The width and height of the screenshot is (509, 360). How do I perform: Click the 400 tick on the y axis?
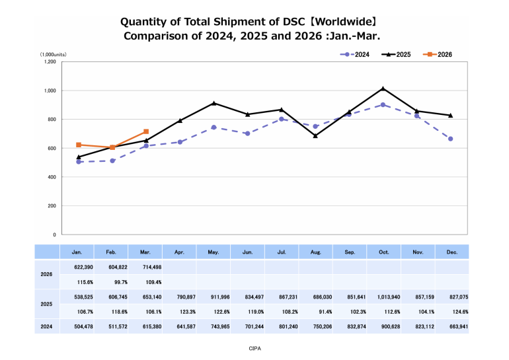coord(52,177)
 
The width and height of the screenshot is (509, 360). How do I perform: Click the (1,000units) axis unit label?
coord(53,54)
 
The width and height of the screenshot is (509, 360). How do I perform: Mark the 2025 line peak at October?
coord(383,89)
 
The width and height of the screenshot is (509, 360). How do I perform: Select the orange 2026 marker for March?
coord(146,131)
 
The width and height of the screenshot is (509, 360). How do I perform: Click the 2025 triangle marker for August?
coord(316,135)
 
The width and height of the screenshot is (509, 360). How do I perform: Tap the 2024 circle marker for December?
coord(451,139)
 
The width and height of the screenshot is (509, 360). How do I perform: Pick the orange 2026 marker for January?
coord(79,145)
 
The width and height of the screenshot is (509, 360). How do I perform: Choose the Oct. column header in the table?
coord(383,252)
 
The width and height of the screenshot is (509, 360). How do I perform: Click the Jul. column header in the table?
coord(282,252)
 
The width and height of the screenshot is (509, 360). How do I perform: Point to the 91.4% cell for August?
coord(316,312)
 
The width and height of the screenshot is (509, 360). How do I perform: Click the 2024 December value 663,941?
coord(451,326)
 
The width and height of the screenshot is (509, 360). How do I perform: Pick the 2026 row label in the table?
coord(46,273)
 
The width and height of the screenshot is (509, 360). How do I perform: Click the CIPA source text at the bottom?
coord(255,347)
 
